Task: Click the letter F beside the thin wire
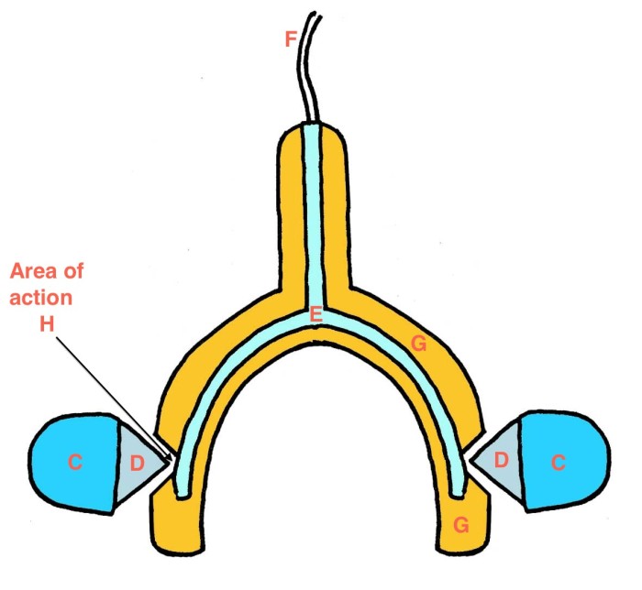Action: [291, 39]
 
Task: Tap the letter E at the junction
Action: [315, 315]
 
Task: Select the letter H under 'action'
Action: [47, 324]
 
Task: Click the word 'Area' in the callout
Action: [32, 271]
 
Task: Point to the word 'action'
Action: [41, 298]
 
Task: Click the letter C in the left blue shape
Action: [75, 463]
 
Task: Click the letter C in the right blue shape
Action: [559, 463]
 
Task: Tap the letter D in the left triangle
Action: [138, 464]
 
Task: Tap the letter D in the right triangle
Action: [502, 460]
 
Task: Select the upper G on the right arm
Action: [418, 344]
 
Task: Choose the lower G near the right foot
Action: [461, 525]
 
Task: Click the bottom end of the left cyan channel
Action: [183, 495]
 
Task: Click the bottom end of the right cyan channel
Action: [458, 495]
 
